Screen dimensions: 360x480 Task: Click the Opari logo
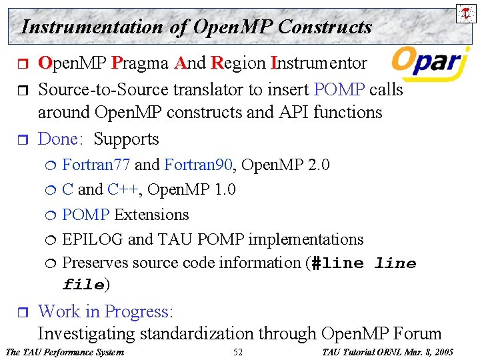427,62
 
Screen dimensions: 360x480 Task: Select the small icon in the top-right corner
465,13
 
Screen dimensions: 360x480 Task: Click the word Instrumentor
319,63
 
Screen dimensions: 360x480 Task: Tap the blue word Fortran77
96,165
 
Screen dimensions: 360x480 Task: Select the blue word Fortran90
197,165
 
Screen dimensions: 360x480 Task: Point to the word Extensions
151,215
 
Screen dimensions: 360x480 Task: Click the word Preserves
95,263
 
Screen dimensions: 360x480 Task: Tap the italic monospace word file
83,285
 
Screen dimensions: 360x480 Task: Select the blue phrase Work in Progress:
105,311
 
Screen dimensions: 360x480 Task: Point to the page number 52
238,352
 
